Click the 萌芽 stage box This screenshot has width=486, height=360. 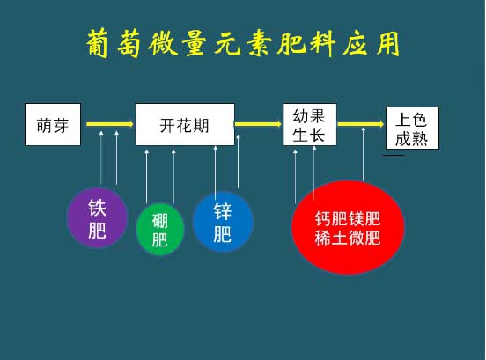pyautogui.click(x=53, y=124)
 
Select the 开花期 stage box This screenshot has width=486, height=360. pyautogui.click(x=185, y=124)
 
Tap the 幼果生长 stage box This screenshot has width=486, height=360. pyautogui.click(x=310, y=124)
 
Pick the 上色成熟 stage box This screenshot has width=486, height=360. pyautogui.click(x=412, y=129)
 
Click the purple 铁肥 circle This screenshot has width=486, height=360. pyautogui.click(x=98, y=218)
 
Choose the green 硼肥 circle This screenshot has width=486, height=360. pyautogui.click(x=160, y=229)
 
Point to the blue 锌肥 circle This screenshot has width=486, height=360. pyautogui.click(x=223, y=222)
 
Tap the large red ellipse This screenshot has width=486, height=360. pyautogui.click(x=348, y=228)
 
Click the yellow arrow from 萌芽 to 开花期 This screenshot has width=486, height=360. pyautogui.click(x=110, y=124)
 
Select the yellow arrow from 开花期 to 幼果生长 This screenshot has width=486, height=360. pyautogui.click(x=258, y=124)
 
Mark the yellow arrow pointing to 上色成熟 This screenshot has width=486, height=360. pyautogui.click(x=361, y=124)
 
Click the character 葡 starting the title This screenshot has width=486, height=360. pyautogui.click(x=98, y=43)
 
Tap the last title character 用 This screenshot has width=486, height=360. pyautogui.click(x=388, y=43)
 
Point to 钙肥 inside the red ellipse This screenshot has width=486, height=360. pyautogui.click(x=331, y=219)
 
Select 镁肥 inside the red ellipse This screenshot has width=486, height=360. pyautogui.click(x=364, y=219)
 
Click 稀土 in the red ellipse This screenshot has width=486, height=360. pyautogui.click(x=331, y=239)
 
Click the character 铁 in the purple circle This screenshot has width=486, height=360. pyautogui.click(x=98, y=208)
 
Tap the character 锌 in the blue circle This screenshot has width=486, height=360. pyautogui.click(x=223, y=211)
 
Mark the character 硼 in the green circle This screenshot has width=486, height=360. pyautogui.click(x=160, y=221)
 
